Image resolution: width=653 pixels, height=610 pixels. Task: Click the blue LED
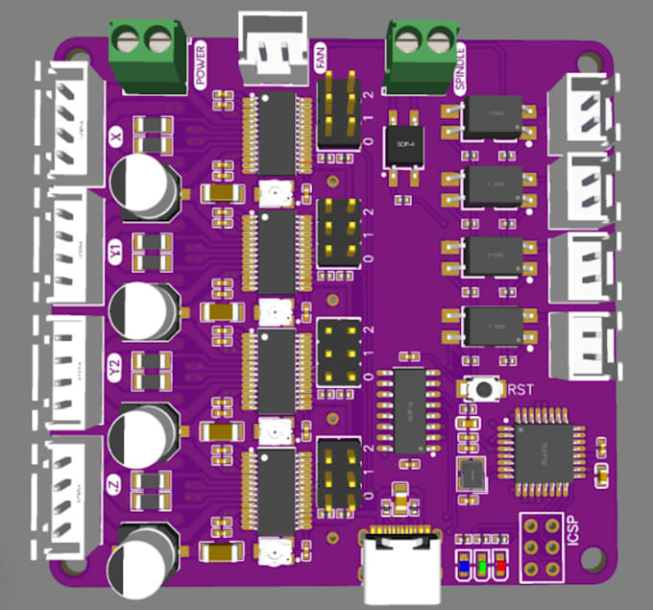[464, 567]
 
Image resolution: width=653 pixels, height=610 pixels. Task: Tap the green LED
[482, 567]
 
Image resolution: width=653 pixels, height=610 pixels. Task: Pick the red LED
[500, 567]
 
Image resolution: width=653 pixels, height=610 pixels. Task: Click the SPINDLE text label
[460, 67]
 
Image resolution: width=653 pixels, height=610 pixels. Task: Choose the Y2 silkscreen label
[116, 367]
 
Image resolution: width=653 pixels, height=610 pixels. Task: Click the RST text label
[520, 390]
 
